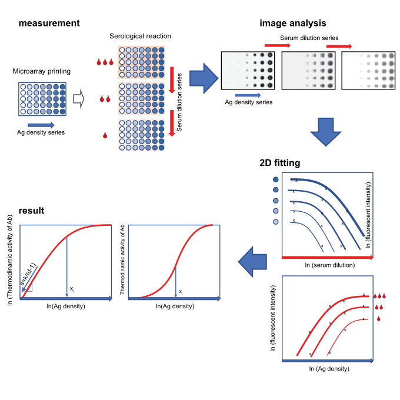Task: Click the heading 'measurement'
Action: [49, 24]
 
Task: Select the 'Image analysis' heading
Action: [292, 24]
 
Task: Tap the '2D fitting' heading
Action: [280, 163]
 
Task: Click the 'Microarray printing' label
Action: [42, 71]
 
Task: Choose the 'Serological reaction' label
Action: [140, 36]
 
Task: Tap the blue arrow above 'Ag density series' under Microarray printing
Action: [41, 124]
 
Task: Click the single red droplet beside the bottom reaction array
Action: [105, 135]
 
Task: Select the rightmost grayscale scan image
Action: [368, 71]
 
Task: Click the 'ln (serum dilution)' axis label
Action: [329, 265]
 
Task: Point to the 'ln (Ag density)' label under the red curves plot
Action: [329, 369]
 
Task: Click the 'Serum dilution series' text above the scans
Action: [309, 38]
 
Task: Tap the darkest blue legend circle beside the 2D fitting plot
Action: [276, 179]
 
